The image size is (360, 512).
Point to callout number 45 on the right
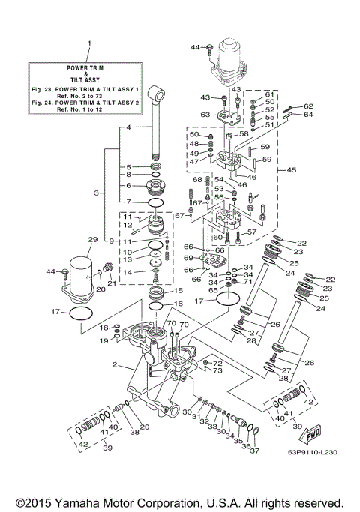(292, 169)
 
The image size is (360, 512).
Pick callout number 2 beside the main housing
(114, 365)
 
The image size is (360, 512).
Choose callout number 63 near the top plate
(205, 115)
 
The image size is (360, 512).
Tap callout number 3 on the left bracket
(96, 193)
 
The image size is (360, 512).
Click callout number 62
(308, 106)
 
